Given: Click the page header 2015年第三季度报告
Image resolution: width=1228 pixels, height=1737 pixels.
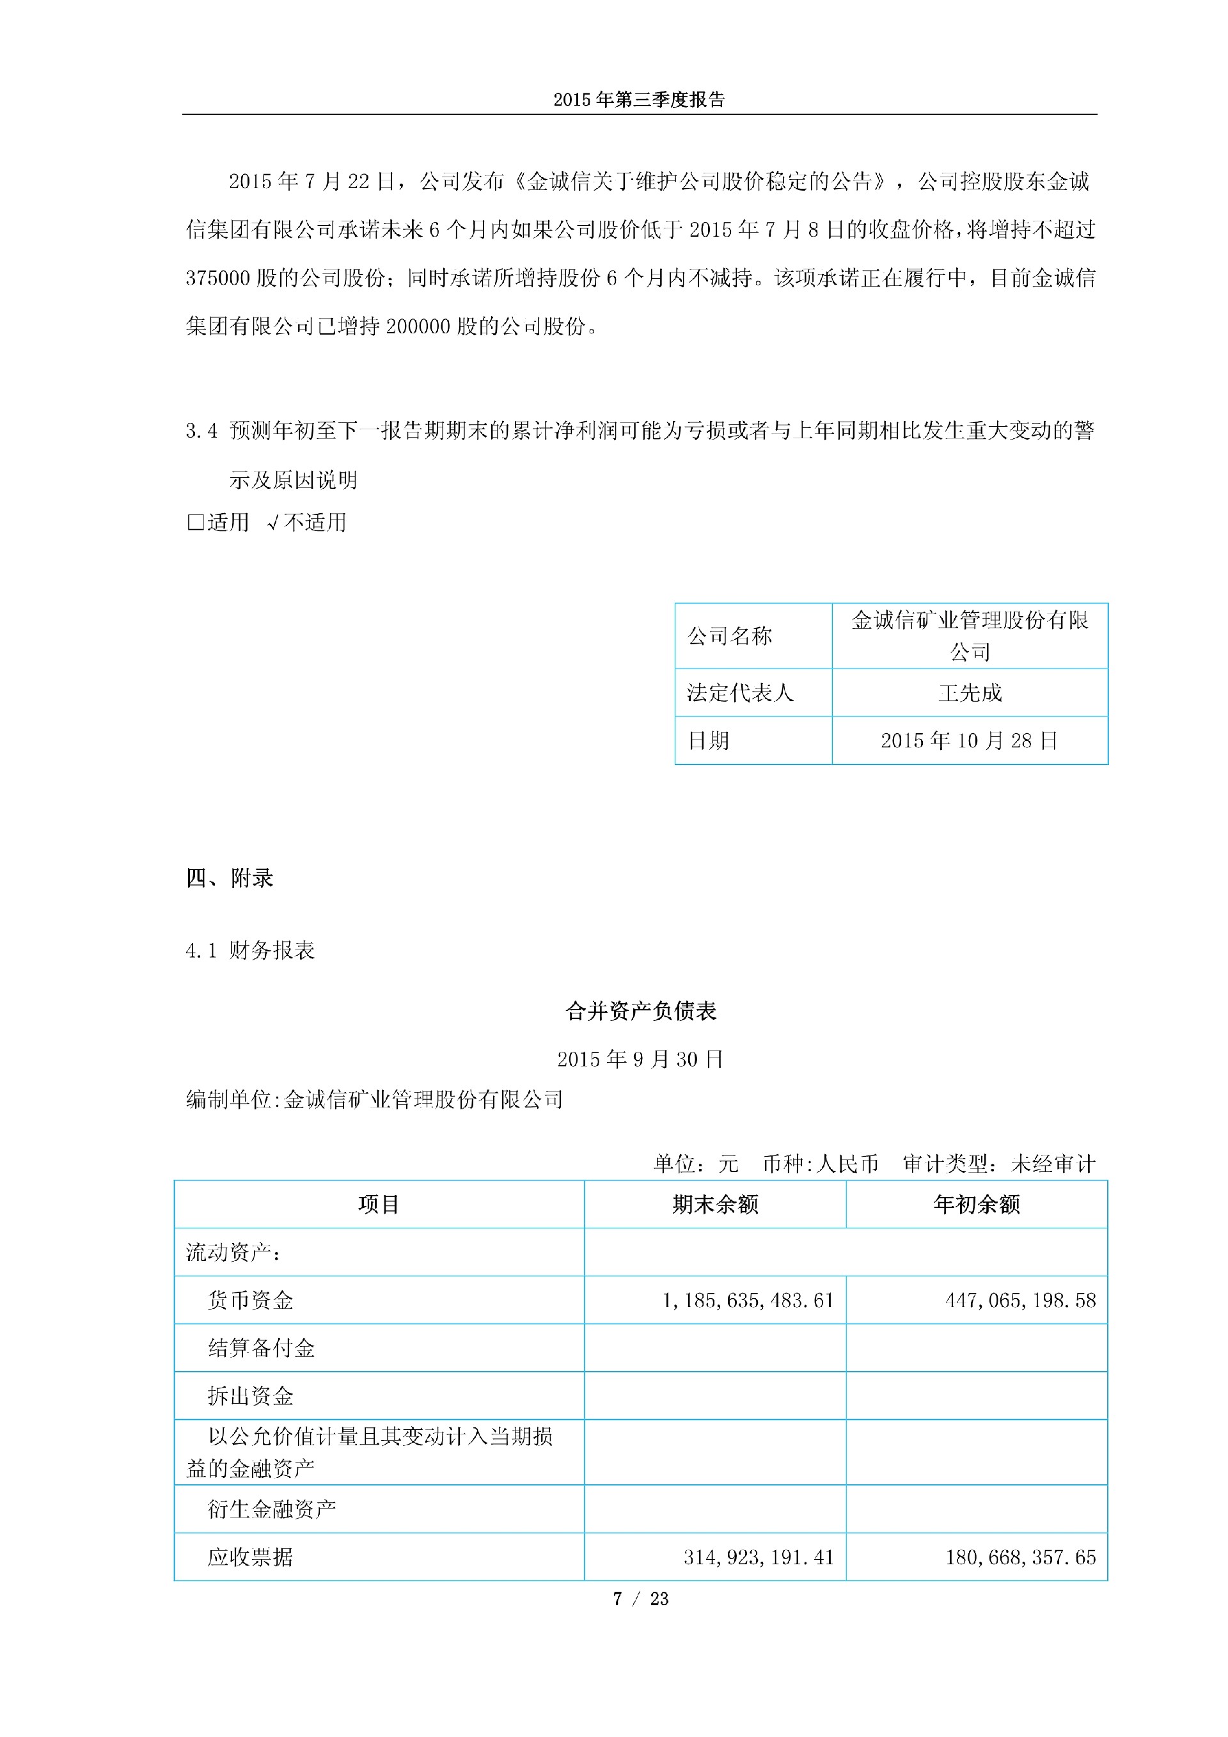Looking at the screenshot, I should coord(639,100).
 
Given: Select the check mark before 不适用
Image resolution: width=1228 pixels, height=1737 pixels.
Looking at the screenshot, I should coord(274,522).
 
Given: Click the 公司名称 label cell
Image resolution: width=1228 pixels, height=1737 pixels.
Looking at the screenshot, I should coord(730,635).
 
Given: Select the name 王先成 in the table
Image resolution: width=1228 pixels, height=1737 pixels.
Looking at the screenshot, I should coord(970,693).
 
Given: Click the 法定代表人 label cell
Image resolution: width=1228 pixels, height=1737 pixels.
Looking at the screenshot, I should coord(739,693).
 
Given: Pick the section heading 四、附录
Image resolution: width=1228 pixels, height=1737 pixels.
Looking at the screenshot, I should coord(230,878).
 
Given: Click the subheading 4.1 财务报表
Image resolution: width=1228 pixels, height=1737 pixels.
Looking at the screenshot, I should coord(250,950).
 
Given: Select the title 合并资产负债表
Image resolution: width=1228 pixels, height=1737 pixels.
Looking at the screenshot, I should coord(640,1011).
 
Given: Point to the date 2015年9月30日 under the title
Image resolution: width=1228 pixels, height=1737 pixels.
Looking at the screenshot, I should coord(640,1059).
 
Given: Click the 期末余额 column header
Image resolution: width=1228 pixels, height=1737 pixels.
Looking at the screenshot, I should coord(714,1205).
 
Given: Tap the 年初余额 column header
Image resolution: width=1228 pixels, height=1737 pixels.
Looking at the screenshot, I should coord(976,1205).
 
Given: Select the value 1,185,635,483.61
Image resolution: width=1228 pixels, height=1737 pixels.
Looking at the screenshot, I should coord(747,1300).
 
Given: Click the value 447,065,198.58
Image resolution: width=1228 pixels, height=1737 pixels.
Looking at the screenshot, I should coord(1020,1300).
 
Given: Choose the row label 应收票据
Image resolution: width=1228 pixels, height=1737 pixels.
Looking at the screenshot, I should coord(250,1557).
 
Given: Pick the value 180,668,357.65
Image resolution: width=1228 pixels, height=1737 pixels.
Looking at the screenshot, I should coord(1020,1557).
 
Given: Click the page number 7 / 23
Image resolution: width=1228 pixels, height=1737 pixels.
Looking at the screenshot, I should coord(640,1599).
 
